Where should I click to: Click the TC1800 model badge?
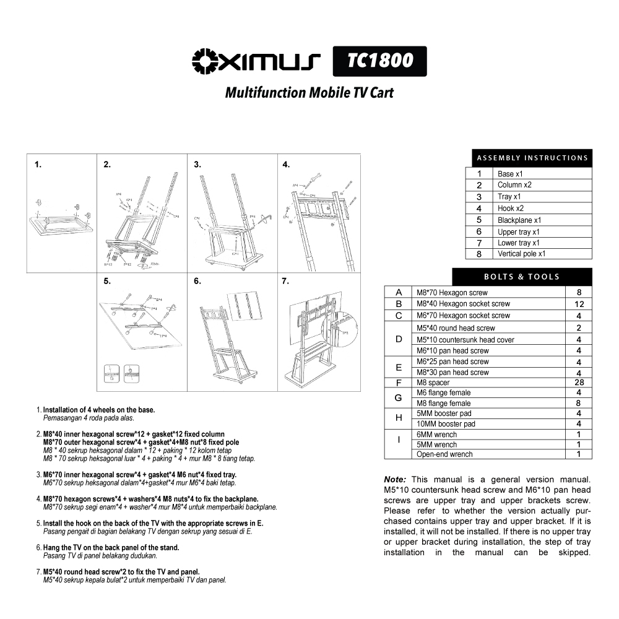[379, 61]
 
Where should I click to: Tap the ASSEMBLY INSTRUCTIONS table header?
[532, 158]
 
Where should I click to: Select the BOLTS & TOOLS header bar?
[521, 277]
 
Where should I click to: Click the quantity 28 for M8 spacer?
[579, 383]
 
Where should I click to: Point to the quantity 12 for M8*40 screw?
[579, 304]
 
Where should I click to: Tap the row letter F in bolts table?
[399, 383]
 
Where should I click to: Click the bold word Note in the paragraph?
[395, 480]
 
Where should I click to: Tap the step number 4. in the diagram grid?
[286, 165]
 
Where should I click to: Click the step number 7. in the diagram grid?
[286, 281]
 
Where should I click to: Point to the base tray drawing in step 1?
[61, 223]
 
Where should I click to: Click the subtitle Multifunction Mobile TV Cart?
[309, 93]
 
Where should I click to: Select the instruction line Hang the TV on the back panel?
[111, 547]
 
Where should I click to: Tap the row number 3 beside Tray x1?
[479, 197]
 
